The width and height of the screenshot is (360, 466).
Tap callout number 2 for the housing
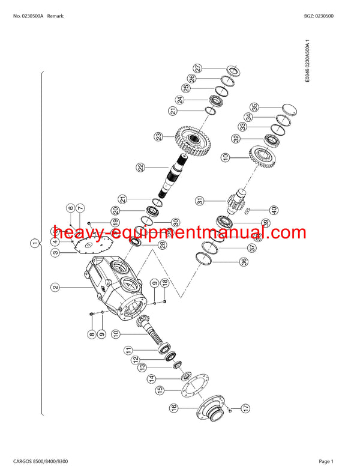[55, 288]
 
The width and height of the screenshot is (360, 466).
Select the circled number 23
[158, 137]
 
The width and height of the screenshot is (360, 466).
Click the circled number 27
[197, 68]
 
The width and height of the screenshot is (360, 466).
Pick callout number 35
[254, 107]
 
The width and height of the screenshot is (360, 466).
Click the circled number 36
[226, 261]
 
